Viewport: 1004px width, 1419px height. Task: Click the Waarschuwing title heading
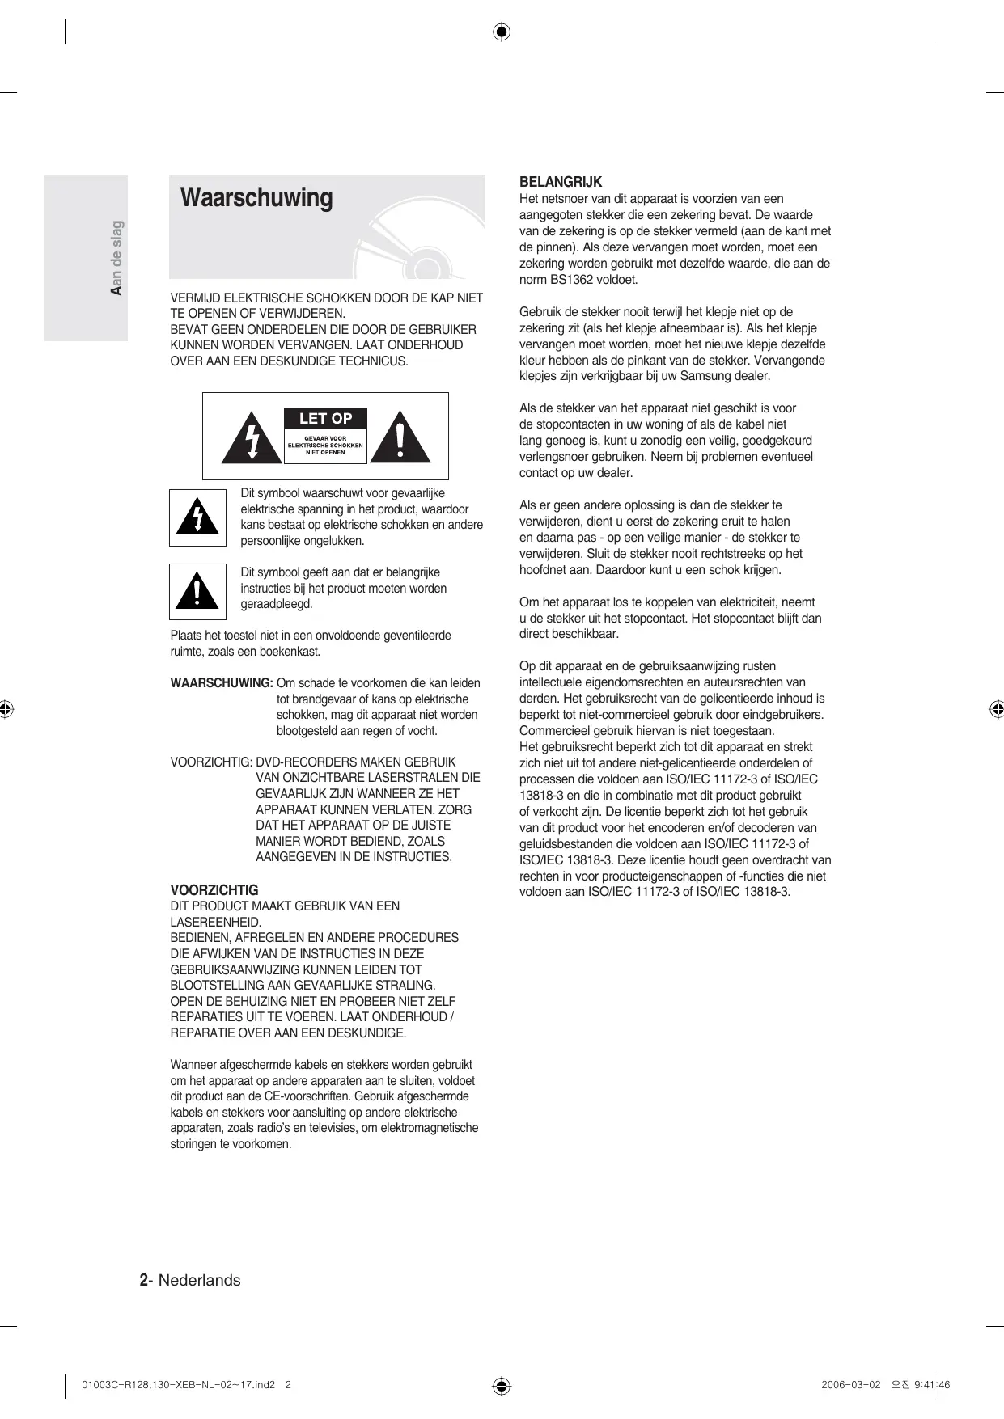tap(256, 198)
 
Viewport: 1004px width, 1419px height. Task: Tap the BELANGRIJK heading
tap(560, 182)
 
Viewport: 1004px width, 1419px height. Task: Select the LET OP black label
tap(325, 418)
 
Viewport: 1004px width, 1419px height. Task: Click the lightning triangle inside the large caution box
tap(252, 437)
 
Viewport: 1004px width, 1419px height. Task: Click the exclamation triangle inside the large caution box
tap(400, 437)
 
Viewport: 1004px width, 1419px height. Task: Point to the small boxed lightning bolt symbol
tap(197, 517)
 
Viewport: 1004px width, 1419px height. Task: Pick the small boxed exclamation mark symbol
tap(197, 592)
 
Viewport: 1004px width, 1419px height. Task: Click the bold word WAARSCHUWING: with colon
tap(221, 683)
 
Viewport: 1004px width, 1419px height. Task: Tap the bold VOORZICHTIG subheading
tap(214, 890)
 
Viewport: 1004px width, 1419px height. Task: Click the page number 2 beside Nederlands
tap(143, 1280)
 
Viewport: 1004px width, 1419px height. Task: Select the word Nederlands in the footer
tap(199, 1280)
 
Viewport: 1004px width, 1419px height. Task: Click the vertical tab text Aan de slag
tap(116, 258)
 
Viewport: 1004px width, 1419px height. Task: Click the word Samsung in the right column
tap(705, 376)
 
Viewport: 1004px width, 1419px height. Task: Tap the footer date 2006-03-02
tap(850, 1384)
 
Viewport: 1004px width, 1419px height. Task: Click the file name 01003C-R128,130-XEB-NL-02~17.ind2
tap(179, 1384)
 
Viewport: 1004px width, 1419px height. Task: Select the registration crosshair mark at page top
tap(502, 32)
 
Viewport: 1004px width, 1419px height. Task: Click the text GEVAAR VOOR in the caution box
tap(325, 438)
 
